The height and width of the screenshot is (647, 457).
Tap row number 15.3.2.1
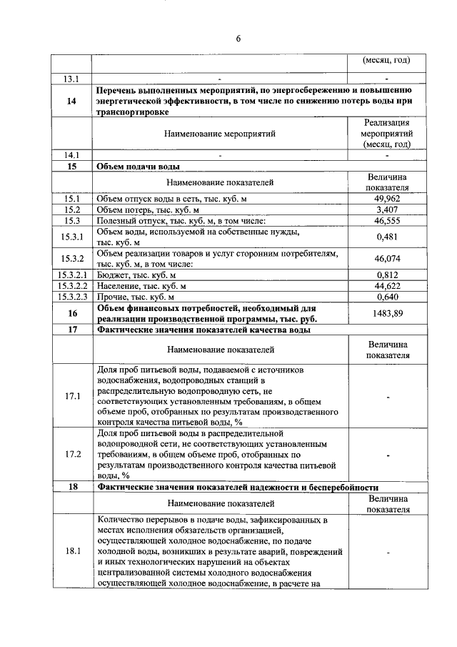[71, 275]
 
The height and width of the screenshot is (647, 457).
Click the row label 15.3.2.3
[71, 297]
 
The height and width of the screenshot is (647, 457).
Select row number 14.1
[71, 154]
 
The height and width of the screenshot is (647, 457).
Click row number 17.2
[71, 454]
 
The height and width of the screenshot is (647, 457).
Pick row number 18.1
[71, 551]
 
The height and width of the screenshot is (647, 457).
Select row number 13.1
[71, 78]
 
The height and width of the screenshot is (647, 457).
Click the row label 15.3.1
[71, 237]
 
